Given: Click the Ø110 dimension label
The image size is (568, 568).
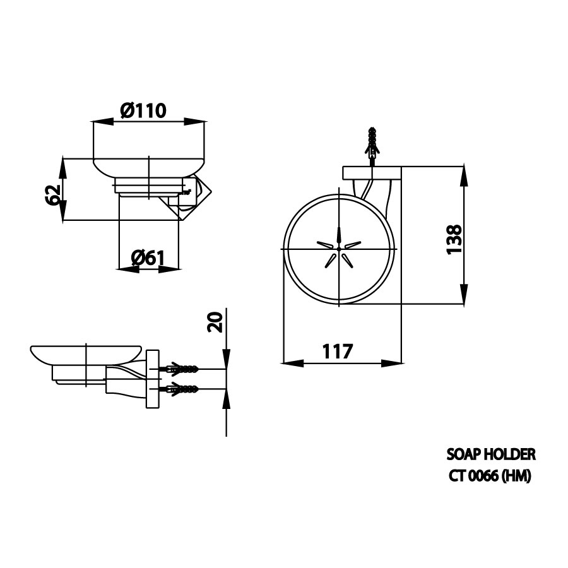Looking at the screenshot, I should tap(143, 110).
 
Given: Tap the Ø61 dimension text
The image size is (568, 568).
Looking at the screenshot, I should tap(148, 257).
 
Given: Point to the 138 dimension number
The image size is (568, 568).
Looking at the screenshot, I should tap(454, 240).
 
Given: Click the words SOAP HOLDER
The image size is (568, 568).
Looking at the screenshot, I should tap(491, 454).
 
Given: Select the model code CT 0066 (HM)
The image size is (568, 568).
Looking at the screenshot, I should tap(490, 476).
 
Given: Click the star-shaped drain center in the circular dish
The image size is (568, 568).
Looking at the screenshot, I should tap(339, 249).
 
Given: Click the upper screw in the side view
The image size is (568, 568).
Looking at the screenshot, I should tap(182, 368).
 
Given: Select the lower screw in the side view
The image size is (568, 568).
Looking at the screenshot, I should tap(182, 389).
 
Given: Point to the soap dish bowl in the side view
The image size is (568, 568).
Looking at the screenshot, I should tap(85, 355).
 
